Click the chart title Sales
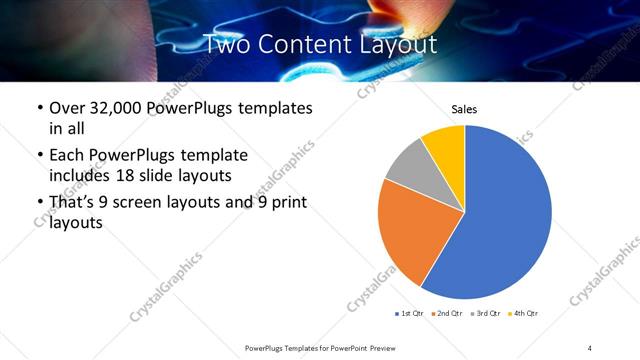click(464, 108)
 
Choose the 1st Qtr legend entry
click(410, 314)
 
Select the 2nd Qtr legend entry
click(445, 314)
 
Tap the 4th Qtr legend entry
click(523, 314)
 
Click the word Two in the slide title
click(231, 44)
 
